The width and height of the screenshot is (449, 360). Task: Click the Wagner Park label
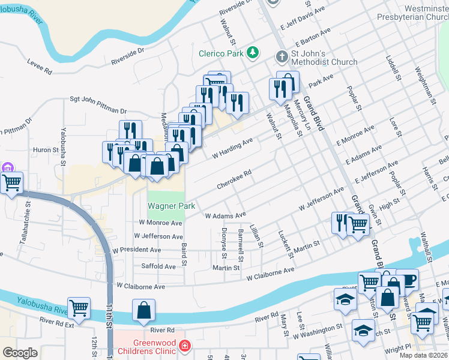click(x=172, y=206)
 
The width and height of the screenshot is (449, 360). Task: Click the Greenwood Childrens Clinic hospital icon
click(x=185, y=346)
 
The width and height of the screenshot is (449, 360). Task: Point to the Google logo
click(x=20, y=353)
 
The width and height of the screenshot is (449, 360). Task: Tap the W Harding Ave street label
click(x=234, y=149)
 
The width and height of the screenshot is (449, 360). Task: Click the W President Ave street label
click(x=140, y=250)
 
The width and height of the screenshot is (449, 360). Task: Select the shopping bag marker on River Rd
click(x=144, y=311)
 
